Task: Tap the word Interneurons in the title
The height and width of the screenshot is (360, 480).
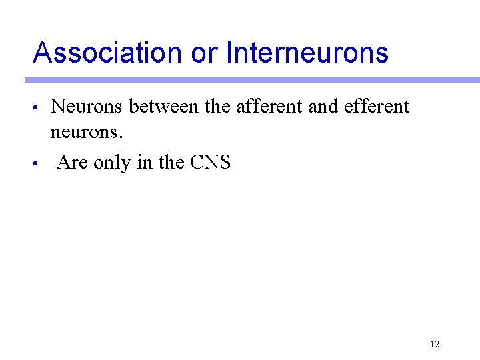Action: coord(307,53)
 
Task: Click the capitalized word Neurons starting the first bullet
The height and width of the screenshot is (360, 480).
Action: coord(87,106)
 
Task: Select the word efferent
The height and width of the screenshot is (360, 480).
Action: coord(377,106)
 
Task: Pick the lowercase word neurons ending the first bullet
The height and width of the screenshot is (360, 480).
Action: coord(87,133)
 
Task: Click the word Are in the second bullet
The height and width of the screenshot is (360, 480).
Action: coord(73,162)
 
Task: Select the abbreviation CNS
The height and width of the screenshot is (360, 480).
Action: coord(211,162)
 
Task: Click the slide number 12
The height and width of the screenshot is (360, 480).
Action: coord(435,344)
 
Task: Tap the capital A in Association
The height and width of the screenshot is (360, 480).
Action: coord(41,53)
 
